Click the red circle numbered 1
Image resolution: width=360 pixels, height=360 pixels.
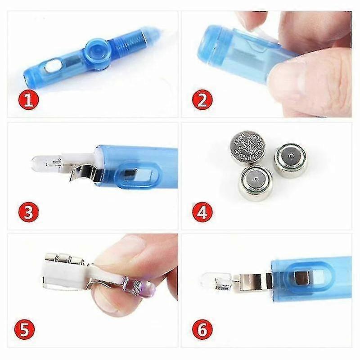pos(28,100)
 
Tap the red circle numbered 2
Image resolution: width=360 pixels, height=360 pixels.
pos(202,100)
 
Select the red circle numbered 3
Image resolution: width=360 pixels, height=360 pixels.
pos(28,212)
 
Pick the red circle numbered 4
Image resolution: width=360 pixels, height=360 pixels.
pos(202,212)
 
